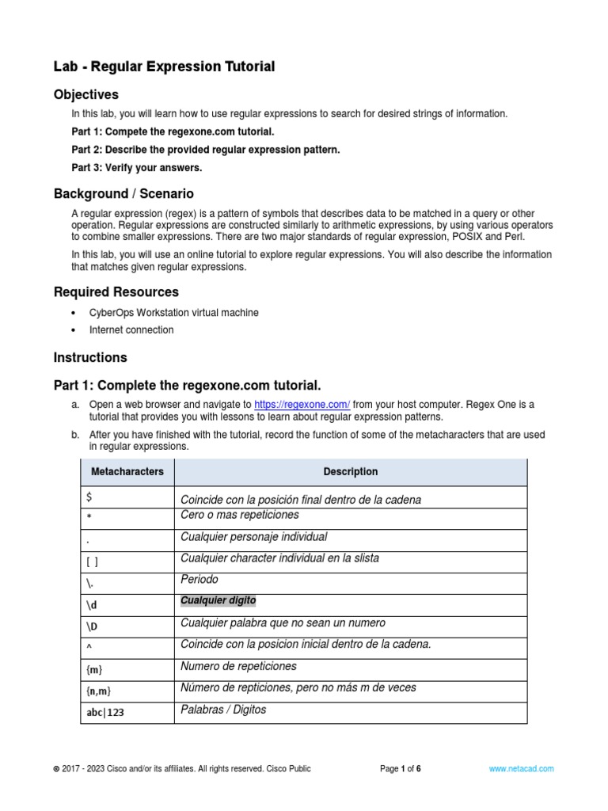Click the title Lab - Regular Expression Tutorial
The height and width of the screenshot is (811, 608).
point(164,67)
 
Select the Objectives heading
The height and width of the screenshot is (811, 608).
point(85,95)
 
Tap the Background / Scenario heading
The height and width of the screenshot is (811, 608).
point(123,194)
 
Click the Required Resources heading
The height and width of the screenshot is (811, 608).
point(116,292)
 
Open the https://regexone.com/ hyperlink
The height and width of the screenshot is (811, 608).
point(302,404)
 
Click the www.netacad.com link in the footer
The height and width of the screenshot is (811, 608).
point(521,768)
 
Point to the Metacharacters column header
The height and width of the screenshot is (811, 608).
point(127,472)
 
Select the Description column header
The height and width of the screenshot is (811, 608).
point(350,472)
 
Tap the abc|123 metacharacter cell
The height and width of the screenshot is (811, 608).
point(105,713)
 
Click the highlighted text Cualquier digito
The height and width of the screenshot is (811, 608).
point(218,601)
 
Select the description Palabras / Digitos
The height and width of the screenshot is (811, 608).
point(223,710)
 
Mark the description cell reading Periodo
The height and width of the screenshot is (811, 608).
point(199,580)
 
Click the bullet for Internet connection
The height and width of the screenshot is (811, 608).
point(74,330)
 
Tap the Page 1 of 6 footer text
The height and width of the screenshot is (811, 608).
point(400,768)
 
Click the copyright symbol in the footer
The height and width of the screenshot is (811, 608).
point(55,768)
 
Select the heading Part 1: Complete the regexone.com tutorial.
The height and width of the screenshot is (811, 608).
point(187,386)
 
